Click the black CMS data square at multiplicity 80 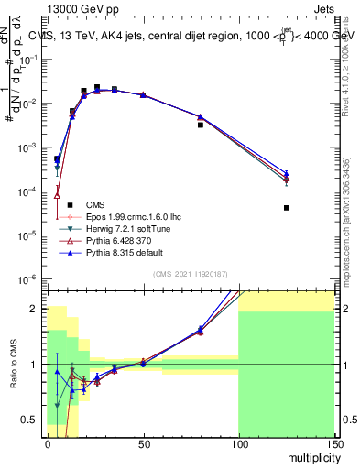coord(201,125)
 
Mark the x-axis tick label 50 coord(143,442)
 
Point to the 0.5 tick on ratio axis coord(32,420)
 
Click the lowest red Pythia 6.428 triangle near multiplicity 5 coord(57,194)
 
